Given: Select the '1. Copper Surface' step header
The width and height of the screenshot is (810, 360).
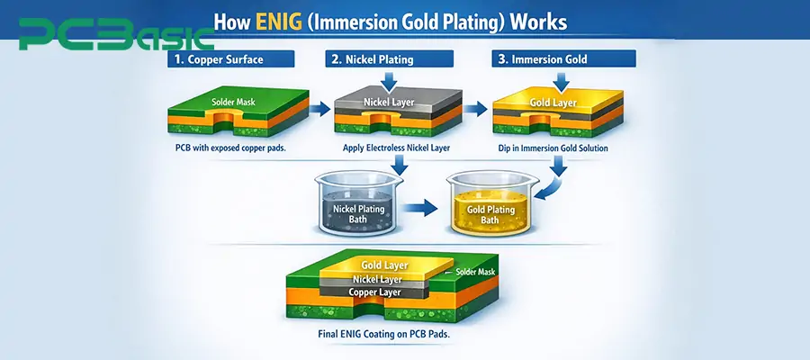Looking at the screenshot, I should click(x=229, y=60).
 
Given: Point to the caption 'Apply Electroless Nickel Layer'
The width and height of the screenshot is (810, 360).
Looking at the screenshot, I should click(x=390, y=147).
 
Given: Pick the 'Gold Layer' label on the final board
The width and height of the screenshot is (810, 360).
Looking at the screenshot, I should click(x=384, y=265).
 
